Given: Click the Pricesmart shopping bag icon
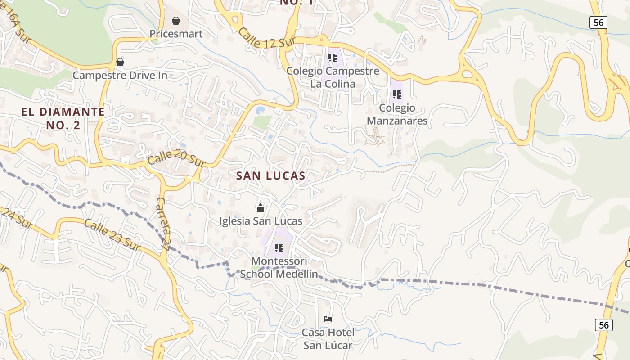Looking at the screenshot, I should [176, 21].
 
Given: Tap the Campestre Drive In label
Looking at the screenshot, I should [120, 75].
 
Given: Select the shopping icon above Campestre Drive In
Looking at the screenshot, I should [120, 62].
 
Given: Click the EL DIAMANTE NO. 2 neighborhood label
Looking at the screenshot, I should [63, 118].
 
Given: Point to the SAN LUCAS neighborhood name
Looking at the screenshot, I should [271, 176].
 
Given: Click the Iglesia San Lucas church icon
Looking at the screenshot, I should [261, 208].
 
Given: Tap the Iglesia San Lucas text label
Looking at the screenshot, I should [261, 221].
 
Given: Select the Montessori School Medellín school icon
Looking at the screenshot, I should [279, 248].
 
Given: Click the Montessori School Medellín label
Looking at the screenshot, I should [279, 268].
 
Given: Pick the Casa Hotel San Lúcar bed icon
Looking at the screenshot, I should [328, 319].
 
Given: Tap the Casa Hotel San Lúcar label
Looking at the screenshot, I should [328, 339].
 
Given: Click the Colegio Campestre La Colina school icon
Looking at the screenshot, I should [333, 58].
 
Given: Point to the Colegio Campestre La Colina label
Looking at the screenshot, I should [333, 77].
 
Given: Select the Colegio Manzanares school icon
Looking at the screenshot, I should [396, 94].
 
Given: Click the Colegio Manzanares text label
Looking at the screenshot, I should [397, 114].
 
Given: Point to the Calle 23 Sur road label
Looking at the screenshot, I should [111, 235].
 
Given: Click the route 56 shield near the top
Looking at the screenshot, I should [599, 22].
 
